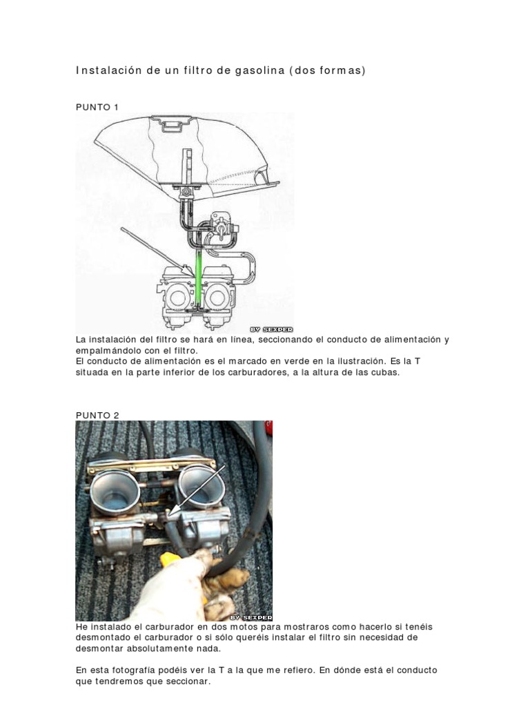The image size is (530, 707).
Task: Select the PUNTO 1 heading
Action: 97,107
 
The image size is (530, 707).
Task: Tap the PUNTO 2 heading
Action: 97,415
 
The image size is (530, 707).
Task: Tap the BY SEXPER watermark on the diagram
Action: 271,329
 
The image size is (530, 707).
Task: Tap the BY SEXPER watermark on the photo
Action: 251,617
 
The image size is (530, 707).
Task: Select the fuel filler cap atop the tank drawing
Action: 173,123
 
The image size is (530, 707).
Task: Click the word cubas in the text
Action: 386,373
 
